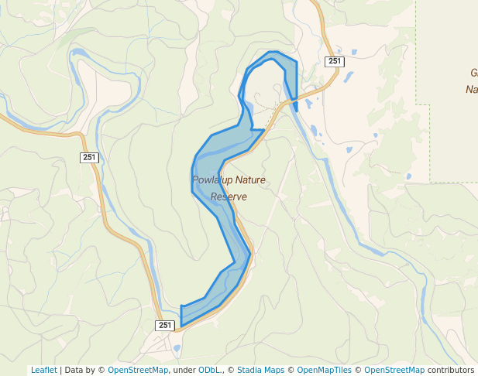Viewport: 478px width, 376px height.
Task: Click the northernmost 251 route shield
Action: pyautogui.click(x=334, y=61)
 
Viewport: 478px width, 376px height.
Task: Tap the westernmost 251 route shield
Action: pyautogui.click(x=89, y=157)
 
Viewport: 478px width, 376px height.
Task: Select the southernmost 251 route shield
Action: pyautogui.click(x=164, y=326)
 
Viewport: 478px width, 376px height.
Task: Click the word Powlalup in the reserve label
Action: pyautogui.click(x=212, y=180)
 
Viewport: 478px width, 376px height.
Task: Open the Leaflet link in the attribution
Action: pyautogui.click(x=43, y=370)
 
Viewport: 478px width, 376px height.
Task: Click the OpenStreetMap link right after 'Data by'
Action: pyautogui.click(x=138, y=370)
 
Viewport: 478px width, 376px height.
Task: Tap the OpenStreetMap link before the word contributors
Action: pyautogui.click(x=394, y=370)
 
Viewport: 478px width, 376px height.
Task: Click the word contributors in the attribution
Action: pyautogui.click(x=450, y=370)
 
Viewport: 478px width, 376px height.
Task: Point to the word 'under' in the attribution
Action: pyautogui.click(x=184, y=370)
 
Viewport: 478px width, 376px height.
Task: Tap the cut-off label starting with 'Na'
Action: pyautogui.click(x=471, y=89)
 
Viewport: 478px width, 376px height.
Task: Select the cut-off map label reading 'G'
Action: pyautogui.click(x=473, y=73)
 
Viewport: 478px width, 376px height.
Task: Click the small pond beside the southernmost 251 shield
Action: pyautogui.click(x=177, y=348)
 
